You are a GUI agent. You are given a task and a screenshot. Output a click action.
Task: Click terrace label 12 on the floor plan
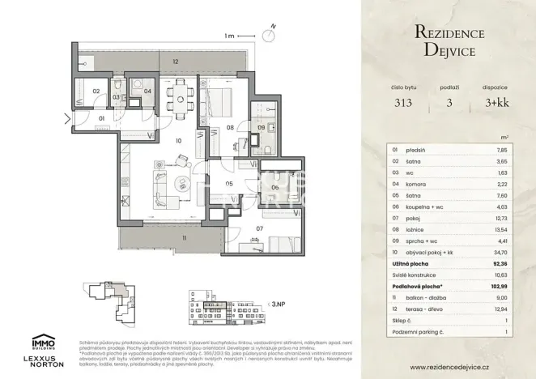pyautogui.click(x=174, y=62)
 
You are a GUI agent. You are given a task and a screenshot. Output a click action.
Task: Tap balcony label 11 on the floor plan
pyautogui.click(x=184, y=238)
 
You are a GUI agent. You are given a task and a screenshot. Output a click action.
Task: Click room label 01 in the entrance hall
pyautogui.click(x=102, y=119)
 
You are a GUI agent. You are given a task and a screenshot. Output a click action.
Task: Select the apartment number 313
pyautogui.click(x=402, y=103)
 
